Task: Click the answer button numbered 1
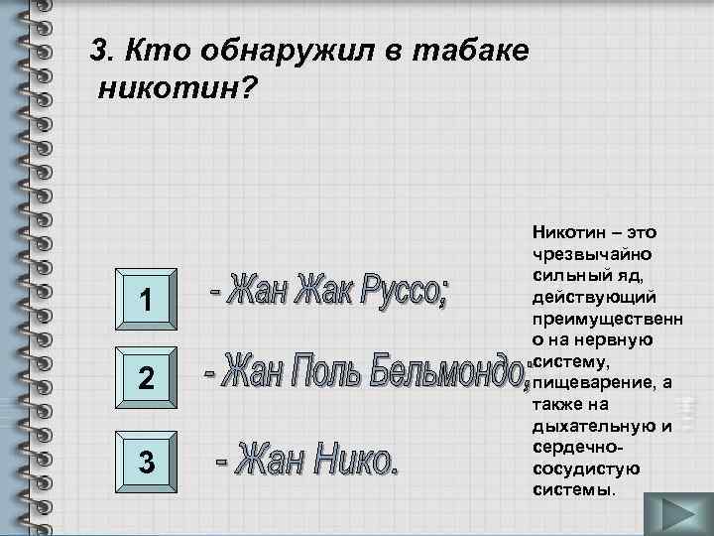[146, 298]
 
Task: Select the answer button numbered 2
[146, 378]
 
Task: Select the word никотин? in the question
[178, 89]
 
